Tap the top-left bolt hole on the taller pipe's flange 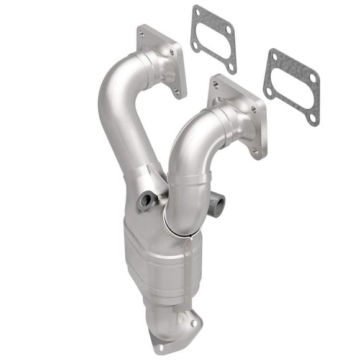(x=142, y=35)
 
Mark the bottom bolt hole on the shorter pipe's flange (x=255, y=150)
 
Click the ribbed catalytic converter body (x=163, y=261)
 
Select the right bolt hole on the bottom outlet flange (x=194, y=323)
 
